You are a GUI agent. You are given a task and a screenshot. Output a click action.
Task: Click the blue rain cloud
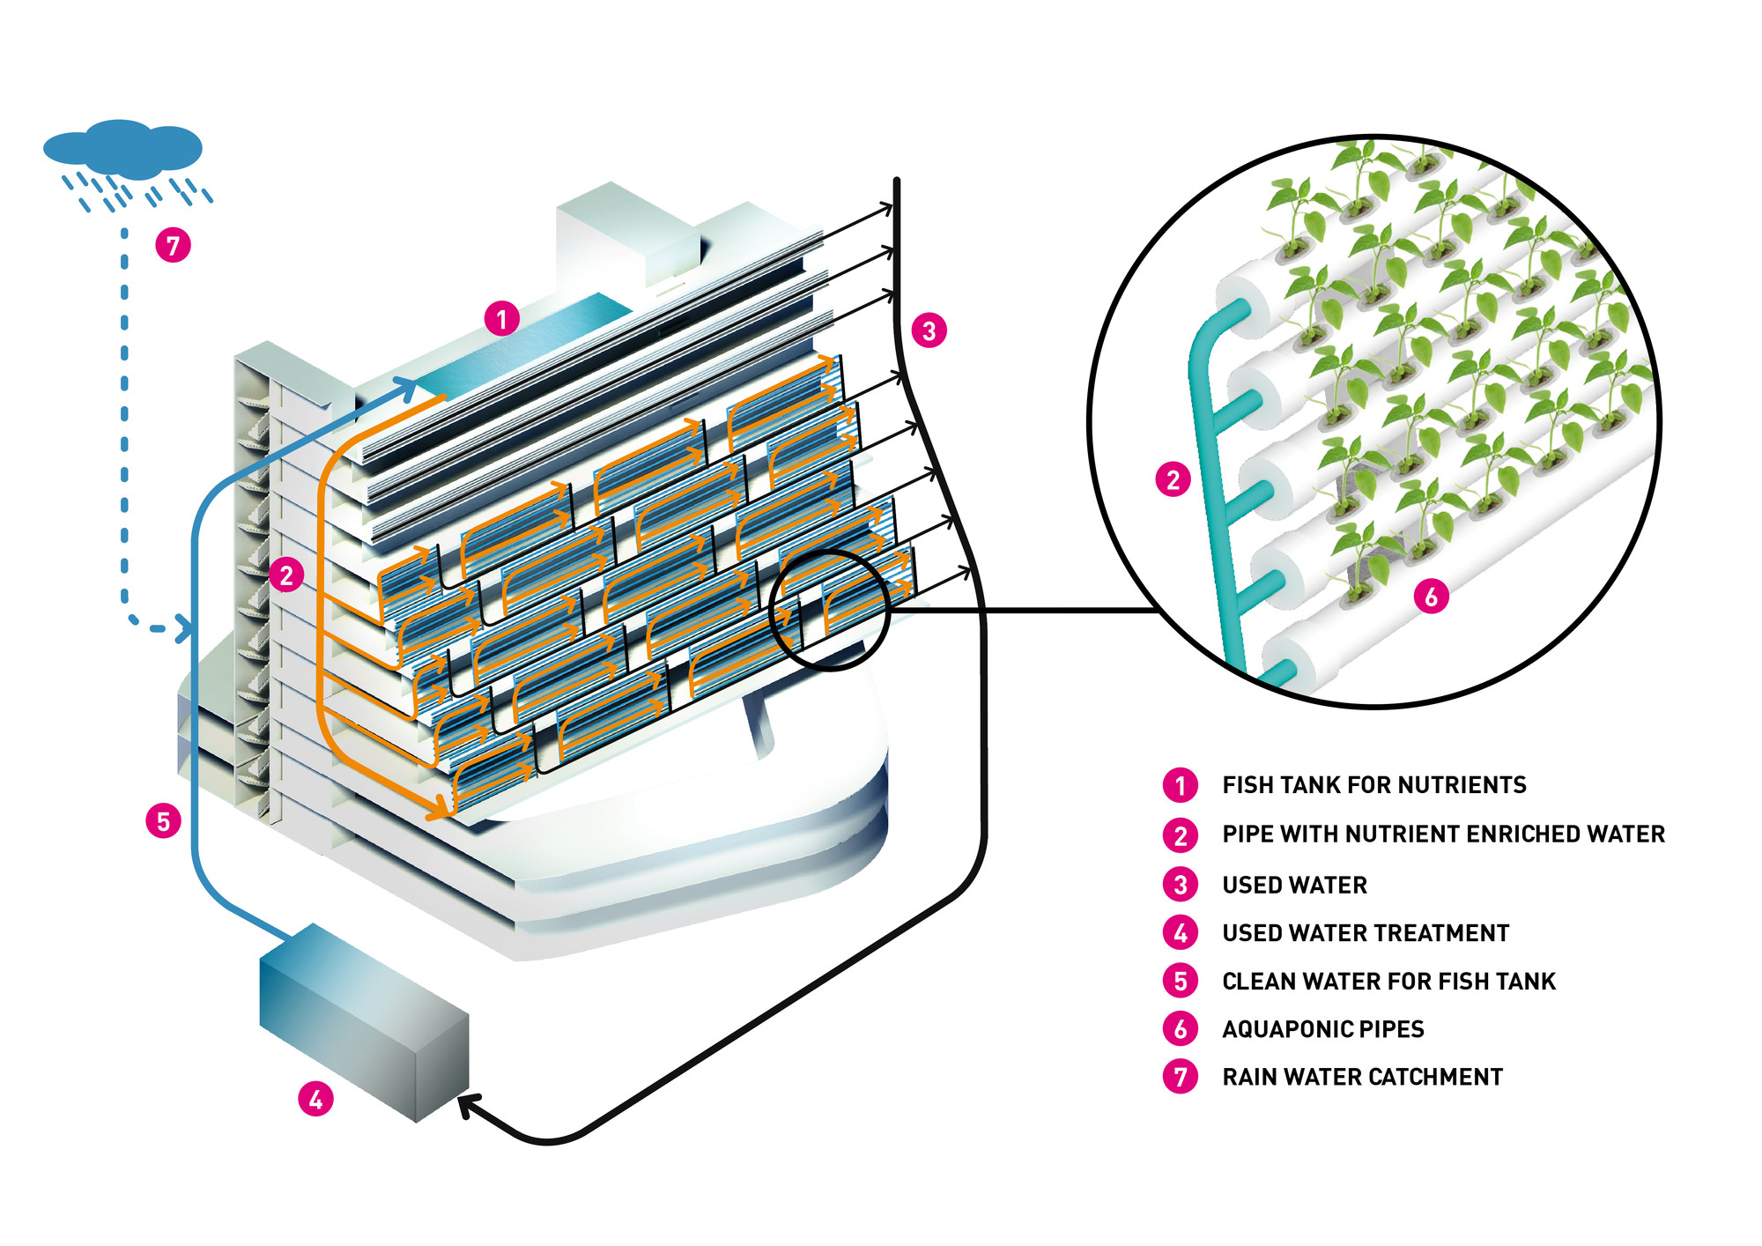coord(122,148)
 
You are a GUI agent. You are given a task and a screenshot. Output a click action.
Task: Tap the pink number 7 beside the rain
coord(173,244)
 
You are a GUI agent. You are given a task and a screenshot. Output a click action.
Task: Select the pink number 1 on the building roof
coord(502,318)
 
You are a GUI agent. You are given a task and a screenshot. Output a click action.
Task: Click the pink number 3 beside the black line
coord(929,330)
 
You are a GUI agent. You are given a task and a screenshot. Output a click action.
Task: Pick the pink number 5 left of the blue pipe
coord(163,821)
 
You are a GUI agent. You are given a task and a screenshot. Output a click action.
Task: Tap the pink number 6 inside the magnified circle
coord(1431,597)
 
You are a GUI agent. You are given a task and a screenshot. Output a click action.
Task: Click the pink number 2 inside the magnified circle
coord(1173,480)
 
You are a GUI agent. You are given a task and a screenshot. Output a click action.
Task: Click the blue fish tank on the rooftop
coord(520,352)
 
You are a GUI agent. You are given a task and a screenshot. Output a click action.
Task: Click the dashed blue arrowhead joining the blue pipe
coord(184,629)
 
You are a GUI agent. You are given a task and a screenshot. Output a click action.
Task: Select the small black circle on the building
coord(831,610)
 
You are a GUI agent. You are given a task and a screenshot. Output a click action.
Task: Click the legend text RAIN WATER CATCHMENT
coord(1362,1077)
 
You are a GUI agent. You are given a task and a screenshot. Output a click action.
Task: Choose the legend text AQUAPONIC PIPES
coord(1322,1029)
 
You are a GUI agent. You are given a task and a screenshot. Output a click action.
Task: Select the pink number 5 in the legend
coord(1181,981)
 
